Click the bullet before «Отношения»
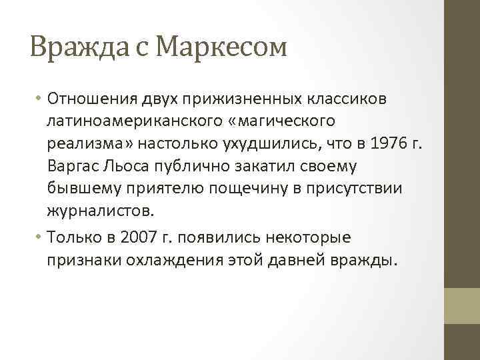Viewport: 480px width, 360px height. point(39,99)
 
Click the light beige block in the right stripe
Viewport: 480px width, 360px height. point(462,305)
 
